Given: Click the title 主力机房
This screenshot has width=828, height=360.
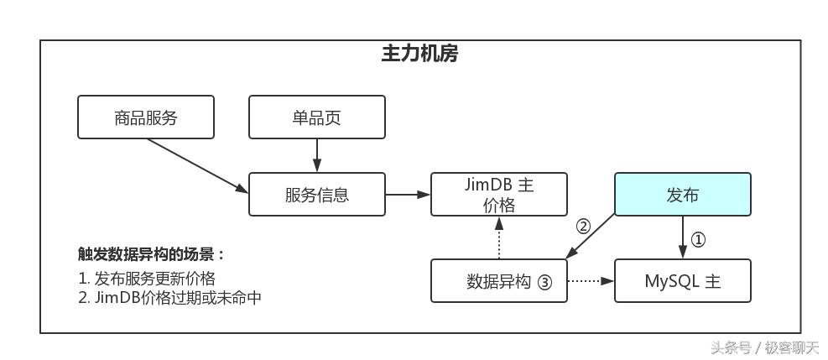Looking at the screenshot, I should tap(419, 55).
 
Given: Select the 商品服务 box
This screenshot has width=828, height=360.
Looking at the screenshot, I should tap(146, 117).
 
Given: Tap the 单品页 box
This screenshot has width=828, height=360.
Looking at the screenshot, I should tap(317, 117).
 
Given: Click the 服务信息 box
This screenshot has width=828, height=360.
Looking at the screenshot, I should tap(317, 195).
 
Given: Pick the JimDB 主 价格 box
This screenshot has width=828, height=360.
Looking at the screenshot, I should tap(499, 195).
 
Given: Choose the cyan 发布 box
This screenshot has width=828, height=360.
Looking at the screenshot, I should tap(682, 195).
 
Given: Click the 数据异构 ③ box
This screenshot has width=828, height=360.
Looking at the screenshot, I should tap(499, 281).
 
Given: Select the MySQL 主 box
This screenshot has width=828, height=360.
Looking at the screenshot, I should tap(682, 281).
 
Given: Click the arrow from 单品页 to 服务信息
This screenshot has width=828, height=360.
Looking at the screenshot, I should tap(317, 155).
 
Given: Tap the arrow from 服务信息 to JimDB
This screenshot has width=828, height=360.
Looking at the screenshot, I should tap(408, 195).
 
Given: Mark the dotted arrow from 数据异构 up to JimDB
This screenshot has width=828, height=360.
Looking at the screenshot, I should tap(499, 238).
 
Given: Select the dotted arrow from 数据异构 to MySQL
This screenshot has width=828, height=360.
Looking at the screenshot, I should tap(591, 281).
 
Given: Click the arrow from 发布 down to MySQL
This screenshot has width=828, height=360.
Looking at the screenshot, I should tap(682, 237).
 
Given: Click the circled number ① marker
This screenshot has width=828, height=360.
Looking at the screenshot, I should tap(698, 240).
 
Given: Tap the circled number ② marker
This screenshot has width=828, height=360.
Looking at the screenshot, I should tap(584, 226).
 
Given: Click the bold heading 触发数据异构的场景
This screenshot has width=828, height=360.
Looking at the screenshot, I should tap(152, 254).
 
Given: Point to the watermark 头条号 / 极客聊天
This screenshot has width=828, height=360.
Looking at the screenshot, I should tap(765, 347).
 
